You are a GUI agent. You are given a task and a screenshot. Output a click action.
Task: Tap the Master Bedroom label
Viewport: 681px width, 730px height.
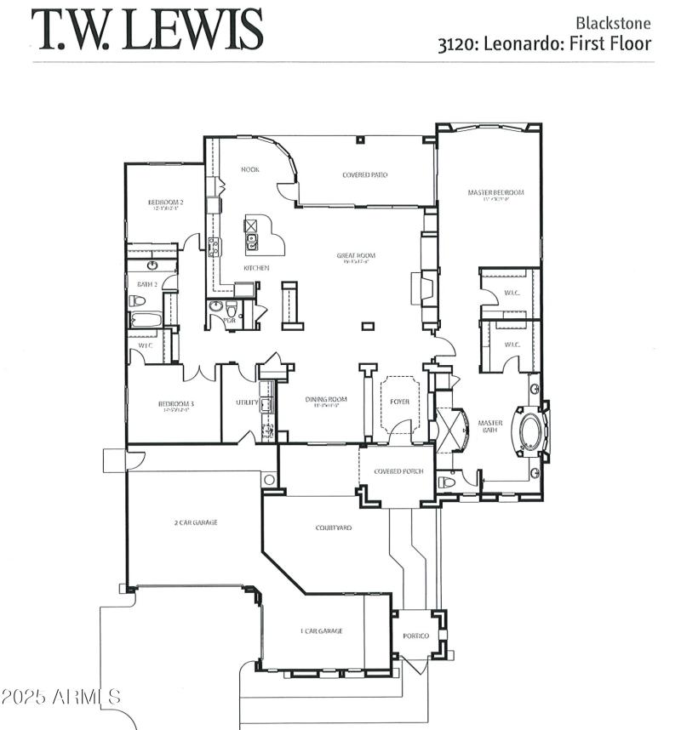point(495,192)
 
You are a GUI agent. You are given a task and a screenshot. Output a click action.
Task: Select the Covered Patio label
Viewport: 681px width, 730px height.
point(365,174)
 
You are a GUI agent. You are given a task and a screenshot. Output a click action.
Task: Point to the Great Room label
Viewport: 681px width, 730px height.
point(356,255)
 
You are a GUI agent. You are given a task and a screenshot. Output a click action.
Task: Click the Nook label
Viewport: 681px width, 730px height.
point(249,169)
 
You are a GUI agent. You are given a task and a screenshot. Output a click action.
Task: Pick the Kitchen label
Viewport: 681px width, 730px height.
point(256,268)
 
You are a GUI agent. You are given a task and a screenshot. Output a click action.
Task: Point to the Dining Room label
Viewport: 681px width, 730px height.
point(326,399)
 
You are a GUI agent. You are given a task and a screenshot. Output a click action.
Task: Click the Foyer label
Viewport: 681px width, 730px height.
point(400,401)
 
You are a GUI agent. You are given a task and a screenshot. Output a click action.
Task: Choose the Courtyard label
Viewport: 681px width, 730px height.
point(334,528)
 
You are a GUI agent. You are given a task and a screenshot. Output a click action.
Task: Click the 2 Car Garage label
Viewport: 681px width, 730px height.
point(196,522)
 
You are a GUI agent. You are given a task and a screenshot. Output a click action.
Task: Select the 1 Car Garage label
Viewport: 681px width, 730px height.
point(321,630)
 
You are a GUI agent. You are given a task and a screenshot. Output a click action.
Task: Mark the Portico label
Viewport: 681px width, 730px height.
point(417,636)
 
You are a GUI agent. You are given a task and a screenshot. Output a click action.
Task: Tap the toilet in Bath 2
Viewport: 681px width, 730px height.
point(137,300)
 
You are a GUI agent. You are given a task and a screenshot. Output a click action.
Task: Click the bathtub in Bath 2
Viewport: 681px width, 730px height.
point(146,321)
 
